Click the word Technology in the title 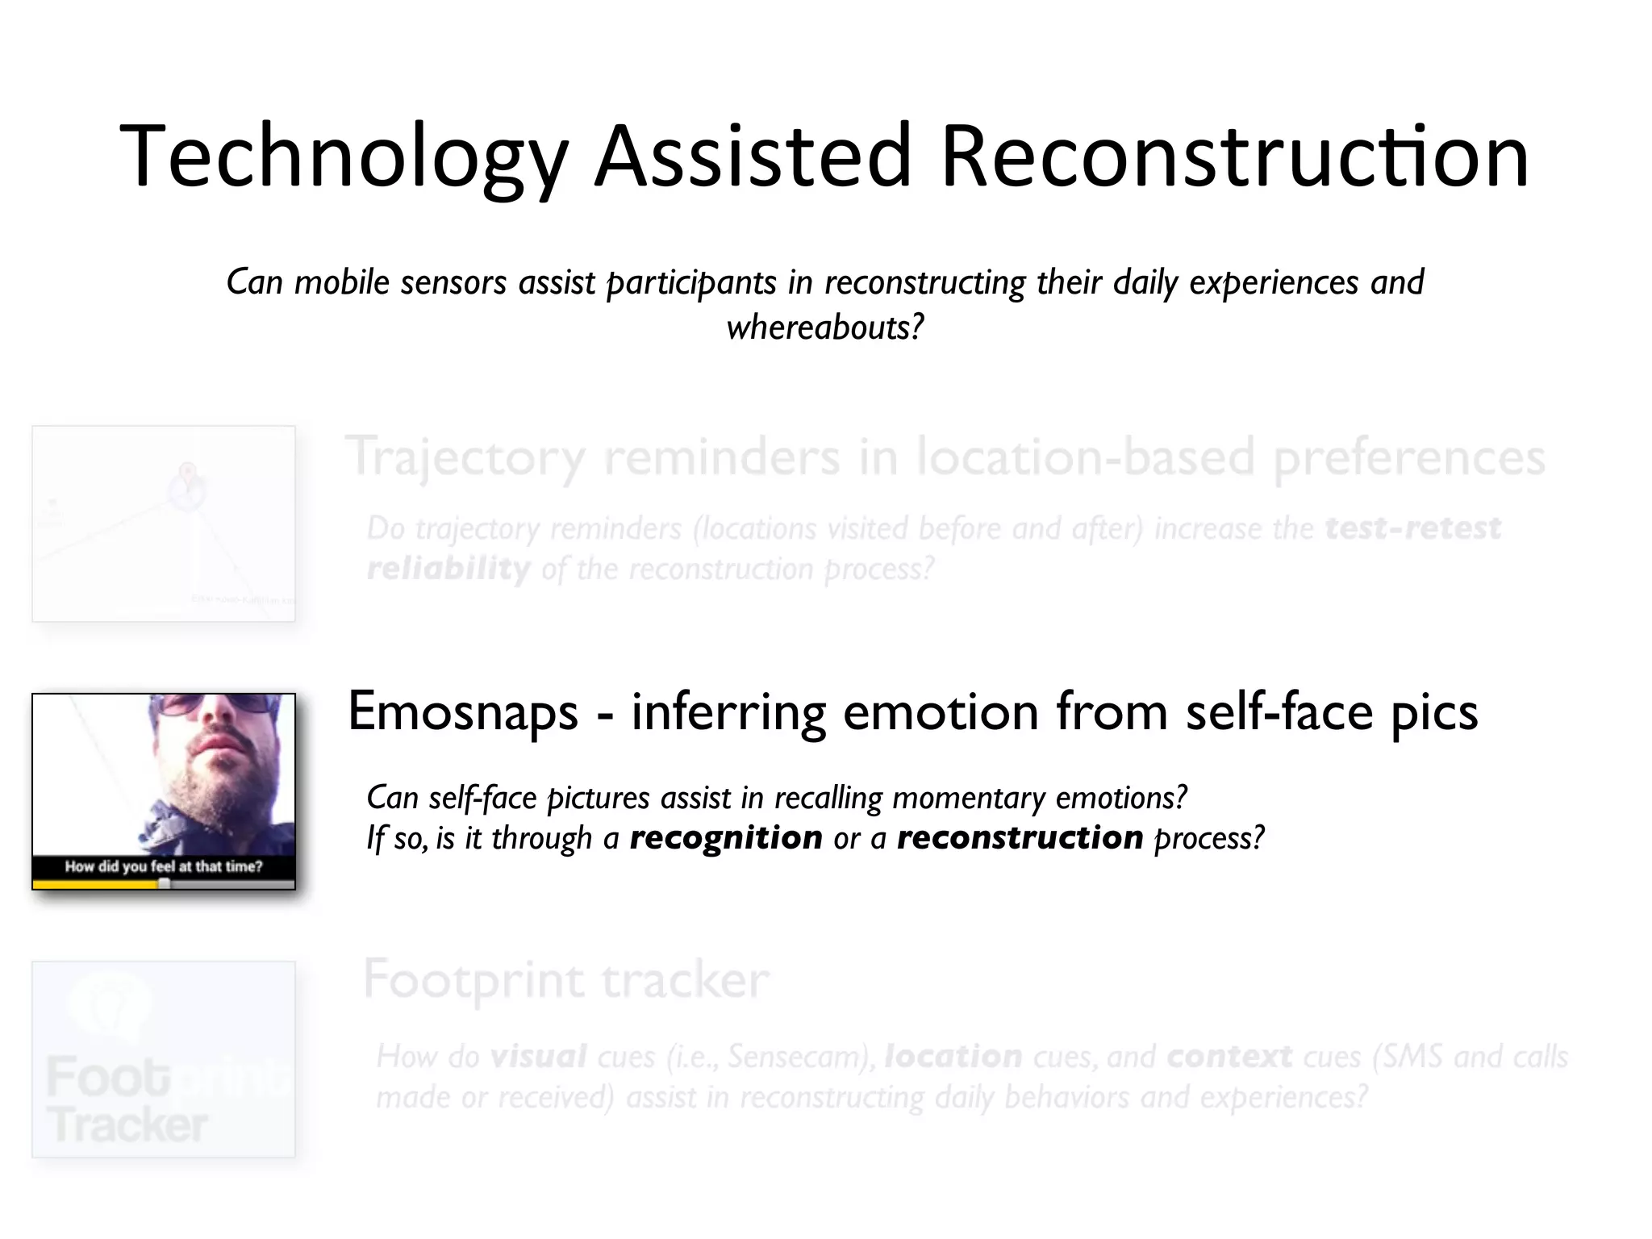[344, 157]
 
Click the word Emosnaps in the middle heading [463, 712]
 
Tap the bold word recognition [726, 838]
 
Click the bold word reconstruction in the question [1020, 838]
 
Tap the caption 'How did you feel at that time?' [164, 867]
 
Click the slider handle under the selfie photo [165, 884]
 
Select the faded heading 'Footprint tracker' [566, 980]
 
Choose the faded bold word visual [539, 1057]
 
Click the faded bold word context [1229, 1057]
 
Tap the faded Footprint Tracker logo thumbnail [164, 1059]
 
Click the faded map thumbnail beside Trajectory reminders [164, 524]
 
